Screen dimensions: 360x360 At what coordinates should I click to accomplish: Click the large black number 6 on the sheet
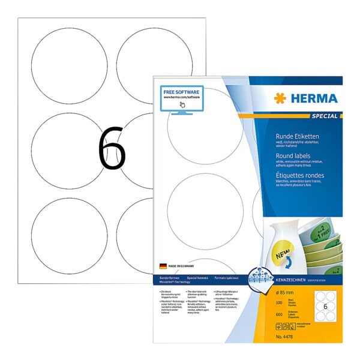click(112, 151)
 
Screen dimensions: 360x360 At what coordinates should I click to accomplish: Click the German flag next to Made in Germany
click(163, 265)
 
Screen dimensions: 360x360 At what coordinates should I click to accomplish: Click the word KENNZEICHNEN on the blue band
click(296, 280)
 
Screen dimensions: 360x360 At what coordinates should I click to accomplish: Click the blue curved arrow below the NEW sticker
click(290, 245)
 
